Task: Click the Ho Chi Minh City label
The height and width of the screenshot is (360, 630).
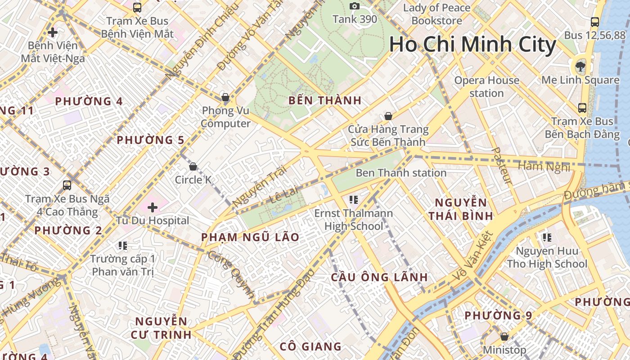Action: tap(472, 45)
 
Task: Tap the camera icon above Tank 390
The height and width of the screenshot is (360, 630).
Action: tap(355, 6)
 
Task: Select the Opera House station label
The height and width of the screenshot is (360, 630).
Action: tap(486, 87)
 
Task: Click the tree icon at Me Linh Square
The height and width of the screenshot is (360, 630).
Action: tap(580, 67)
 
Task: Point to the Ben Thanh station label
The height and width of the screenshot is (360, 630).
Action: tap(401, 173)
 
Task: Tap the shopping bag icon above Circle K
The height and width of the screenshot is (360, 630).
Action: tap(193, 166)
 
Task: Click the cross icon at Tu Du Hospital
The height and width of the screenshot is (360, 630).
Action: tap(153, 207)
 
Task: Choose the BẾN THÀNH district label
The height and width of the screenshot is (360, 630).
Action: tap(325, 100)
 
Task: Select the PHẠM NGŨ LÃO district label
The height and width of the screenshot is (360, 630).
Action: tap(250, 237)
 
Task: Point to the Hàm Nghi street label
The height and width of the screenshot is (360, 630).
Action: tap(544, 166)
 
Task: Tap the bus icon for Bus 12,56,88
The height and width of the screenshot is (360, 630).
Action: tap(594, 22)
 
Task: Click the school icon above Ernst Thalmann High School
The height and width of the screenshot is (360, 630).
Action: tap(353, 199)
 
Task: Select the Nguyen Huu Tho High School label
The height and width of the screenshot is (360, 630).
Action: tap(547, 257)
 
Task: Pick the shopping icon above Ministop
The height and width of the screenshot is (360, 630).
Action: tap(504, 337)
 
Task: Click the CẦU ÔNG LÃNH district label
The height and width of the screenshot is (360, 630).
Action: tap(379, 277)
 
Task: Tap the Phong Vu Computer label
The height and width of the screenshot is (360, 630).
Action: tap(225, 117)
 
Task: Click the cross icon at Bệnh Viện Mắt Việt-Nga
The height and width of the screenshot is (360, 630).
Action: tap(53, 32)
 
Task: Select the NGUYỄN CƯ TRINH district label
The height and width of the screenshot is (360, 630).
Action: tap(161, 328)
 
